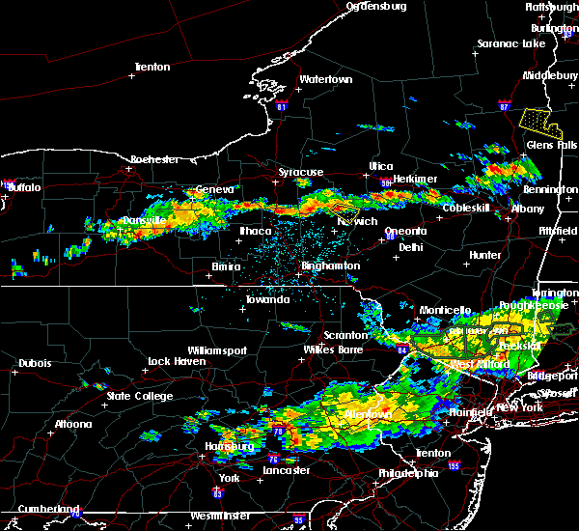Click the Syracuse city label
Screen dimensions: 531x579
click(x=301, y=172)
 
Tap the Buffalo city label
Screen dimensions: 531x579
click(x=24, y=187)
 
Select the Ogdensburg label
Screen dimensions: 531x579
click(x=376, y=6)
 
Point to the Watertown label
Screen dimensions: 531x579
click(x=324, y=79)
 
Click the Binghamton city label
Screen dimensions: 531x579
click(x=330, y=265)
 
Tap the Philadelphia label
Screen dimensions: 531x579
click(x=407, y=474)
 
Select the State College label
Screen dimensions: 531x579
click(x=140, y=396)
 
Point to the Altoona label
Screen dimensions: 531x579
click(x=73, y=424)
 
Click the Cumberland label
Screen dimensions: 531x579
click(x=39, y=509)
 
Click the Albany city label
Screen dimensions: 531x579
click(x=527, y=209)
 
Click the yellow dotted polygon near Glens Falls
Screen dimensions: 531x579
click(x=538, y=122)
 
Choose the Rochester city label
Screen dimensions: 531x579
click(x=155, y=158)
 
